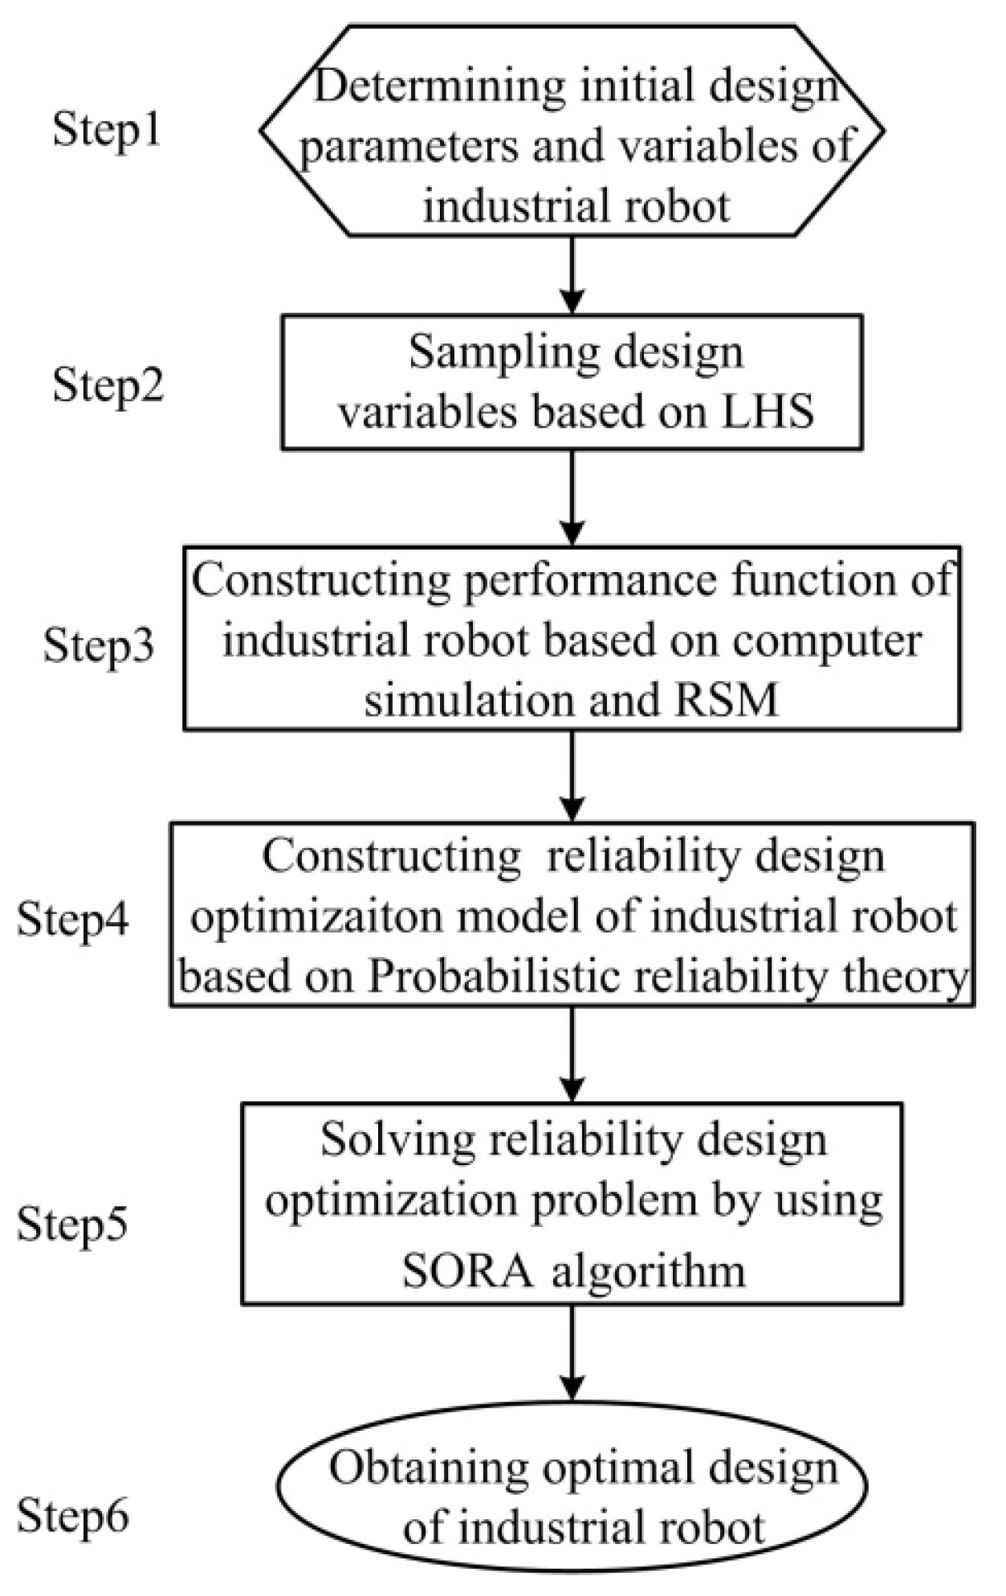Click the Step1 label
point(107,129)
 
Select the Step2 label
point(108,385)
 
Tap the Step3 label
point(98,644)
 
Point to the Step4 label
point(72,919)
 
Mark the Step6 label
point(72,1516)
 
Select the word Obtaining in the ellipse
point(429,1469)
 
